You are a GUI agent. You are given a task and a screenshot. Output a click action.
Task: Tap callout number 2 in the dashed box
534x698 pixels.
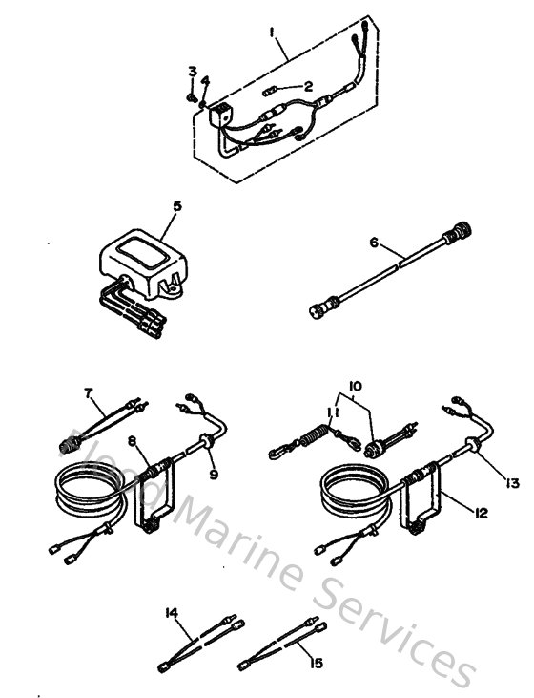(x=308, y=86)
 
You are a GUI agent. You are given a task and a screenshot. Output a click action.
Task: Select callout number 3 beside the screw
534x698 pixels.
(x=192, y=72)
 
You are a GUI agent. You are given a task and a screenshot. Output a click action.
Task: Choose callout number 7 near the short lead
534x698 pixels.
(x=88, y=392)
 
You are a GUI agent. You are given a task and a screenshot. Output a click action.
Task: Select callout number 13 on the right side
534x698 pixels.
(x=512, y=483)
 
